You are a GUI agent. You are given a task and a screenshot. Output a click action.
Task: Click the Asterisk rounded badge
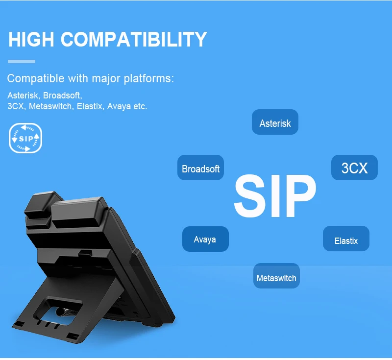pos(275,122)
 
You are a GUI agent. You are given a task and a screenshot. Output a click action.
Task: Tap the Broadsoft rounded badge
pos(200,168)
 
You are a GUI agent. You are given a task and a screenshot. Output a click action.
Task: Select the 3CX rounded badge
pos(354,168)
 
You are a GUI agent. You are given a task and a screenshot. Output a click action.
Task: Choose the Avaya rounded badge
pos(205,239)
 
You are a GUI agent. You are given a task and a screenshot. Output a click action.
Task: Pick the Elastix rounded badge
pos(346,239)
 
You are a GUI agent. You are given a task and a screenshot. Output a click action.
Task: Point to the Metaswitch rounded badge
pos(276,276)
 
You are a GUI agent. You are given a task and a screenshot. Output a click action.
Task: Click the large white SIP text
pos(275,196)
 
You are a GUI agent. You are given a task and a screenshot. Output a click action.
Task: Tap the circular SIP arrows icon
pos(25,138)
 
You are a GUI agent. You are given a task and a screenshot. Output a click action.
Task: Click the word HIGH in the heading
pos(31,39)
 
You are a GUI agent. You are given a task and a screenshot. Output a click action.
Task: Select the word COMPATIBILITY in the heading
pos(134,39)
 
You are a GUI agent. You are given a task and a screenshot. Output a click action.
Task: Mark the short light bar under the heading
pos(22,61)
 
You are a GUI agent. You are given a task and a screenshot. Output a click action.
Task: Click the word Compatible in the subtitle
pos(36,78)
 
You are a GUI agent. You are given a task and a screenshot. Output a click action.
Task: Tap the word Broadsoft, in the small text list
pos(63,95)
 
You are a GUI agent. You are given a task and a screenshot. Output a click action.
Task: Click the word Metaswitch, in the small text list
pos(51,106)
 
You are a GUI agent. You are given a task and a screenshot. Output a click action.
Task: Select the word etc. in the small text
pos(140,106)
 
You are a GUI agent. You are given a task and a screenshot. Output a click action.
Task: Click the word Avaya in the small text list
pos(119,107)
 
